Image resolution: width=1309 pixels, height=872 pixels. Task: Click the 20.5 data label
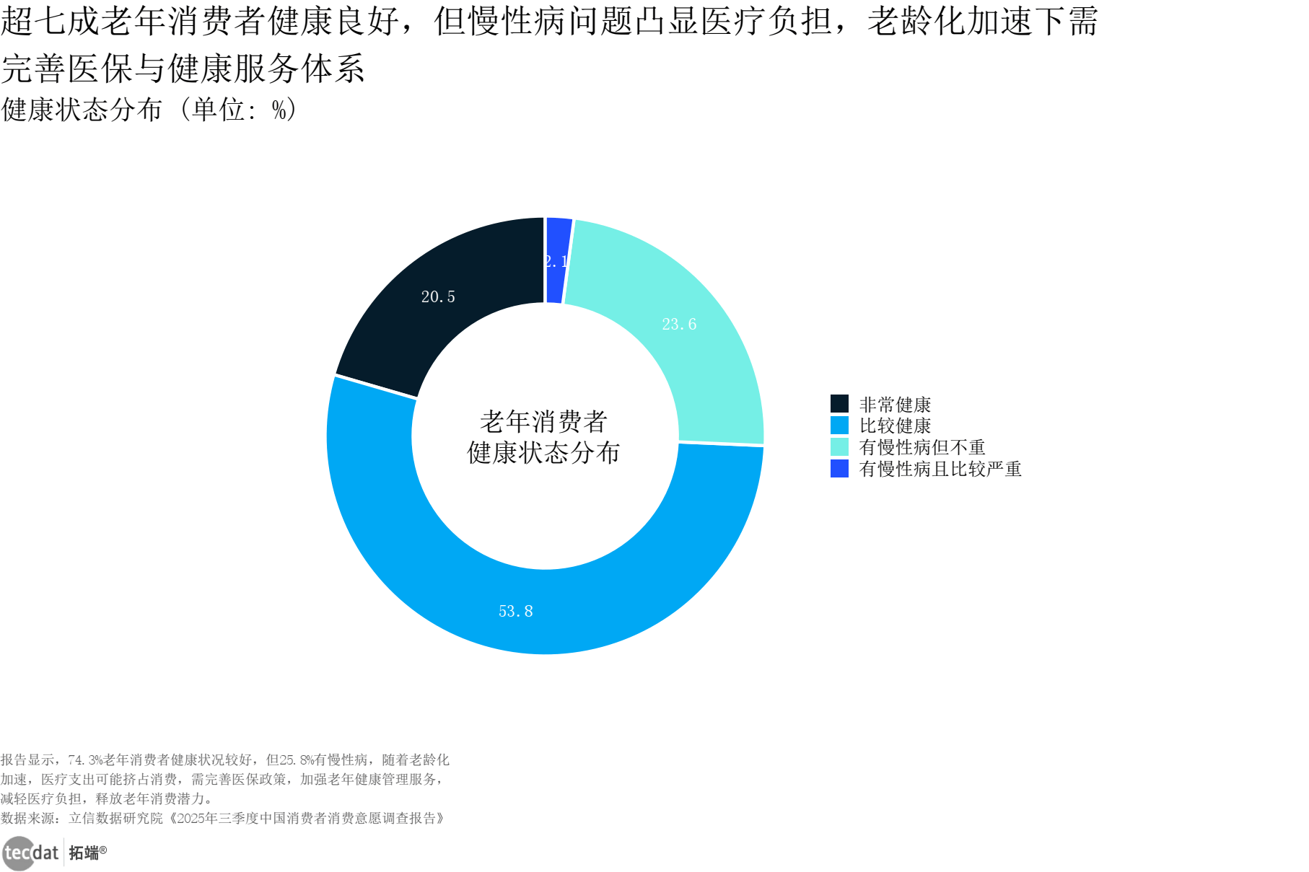[438, 297]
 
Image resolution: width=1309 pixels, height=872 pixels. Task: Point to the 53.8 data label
[515, 612]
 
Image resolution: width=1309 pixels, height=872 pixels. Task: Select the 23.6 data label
[679, 325]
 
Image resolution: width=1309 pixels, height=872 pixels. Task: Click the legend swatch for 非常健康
[839, 404]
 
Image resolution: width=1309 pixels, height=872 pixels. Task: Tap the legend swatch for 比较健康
[839, 426]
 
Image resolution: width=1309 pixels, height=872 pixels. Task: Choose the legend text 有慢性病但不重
[921, 447]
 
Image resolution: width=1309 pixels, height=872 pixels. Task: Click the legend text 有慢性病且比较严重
[940, 469]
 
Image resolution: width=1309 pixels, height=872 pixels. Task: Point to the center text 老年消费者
[544, 421]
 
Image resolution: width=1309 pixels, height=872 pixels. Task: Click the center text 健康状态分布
[544, 453]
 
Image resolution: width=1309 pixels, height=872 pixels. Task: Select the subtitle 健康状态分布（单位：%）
[149, 110]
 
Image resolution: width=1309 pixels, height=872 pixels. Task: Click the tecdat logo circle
[18, 853]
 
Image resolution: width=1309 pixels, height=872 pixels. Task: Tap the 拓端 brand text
[84, 853]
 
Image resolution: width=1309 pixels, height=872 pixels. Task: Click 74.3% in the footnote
[86, 760]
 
